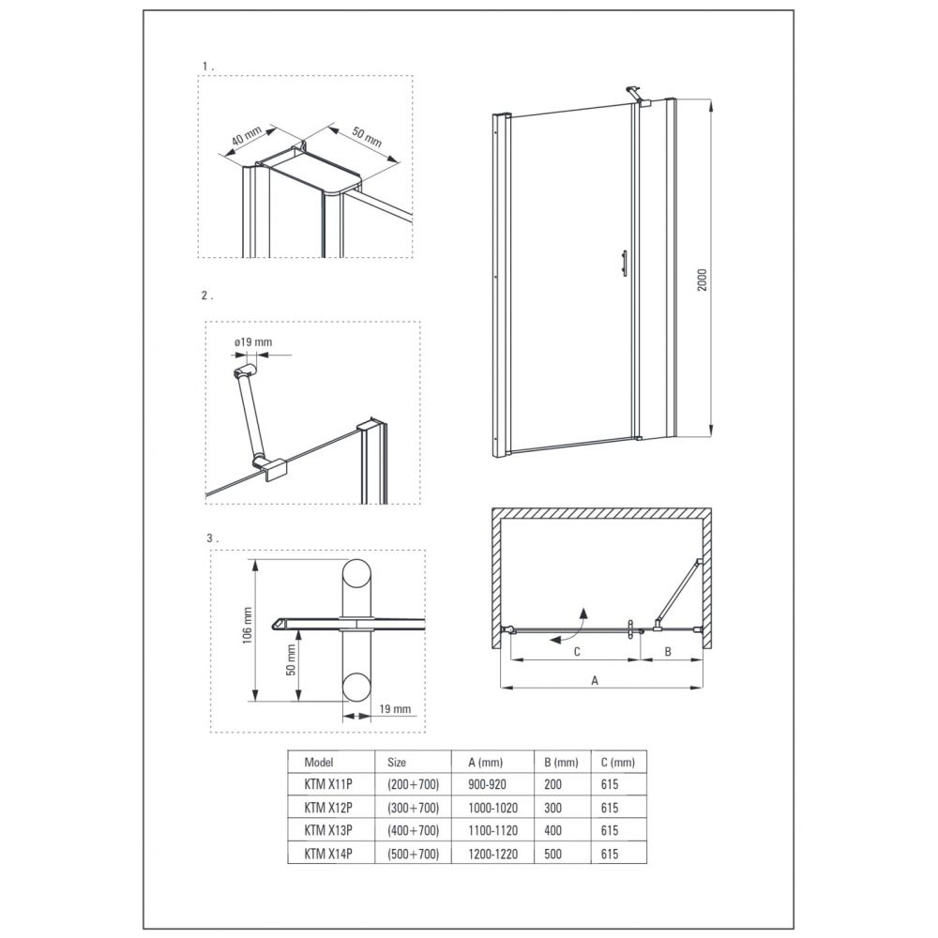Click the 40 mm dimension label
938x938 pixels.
pyautogui.click(x=247, y=138)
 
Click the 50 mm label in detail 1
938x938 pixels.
pyautogui.click(x=366, y=136)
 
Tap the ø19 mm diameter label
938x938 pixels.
pyautogui.click(x=253, y=342)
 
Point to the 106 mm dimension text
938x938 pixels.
pyautogui.click(x=248, y=626)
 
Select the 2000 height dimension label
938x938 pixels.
pyautogui.click(x=703, y=280)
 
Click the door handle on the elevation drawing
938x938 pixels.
pyautogui.click(x=624, y=264)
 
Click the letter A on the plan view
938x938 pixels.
pyautogui.click(x=595, y=680)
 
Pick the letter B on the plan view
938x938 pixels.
pyautogui.click(x=668, y=652)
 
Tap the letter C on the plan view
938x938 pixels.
pyautogui.click(x=577, y=652)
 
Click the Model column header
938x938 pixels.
pyautogui.click(x=319, y=762)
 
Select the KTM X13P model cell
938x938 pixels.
pyautogui.click(x=328, y=830)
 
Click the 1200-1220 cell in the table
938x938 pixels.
pyautogui.click(x=493, y=854)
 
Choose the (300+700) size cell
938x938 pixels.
pyautogui.click(x=413, y=808)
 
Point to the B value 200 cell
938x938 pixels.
pyautogui.click(x=552, y=784)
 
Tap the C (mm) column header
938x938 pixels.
pyautogui.click(x=618, y=762)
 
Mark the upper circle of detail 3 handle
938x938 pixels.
pyautogui.click(x=356, y=575)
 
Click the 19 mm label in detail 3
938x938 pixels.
pyautogui.click(x=395, y=709)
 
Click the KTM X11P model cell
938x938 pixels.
pyautogui.click(x=328, y=784)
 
